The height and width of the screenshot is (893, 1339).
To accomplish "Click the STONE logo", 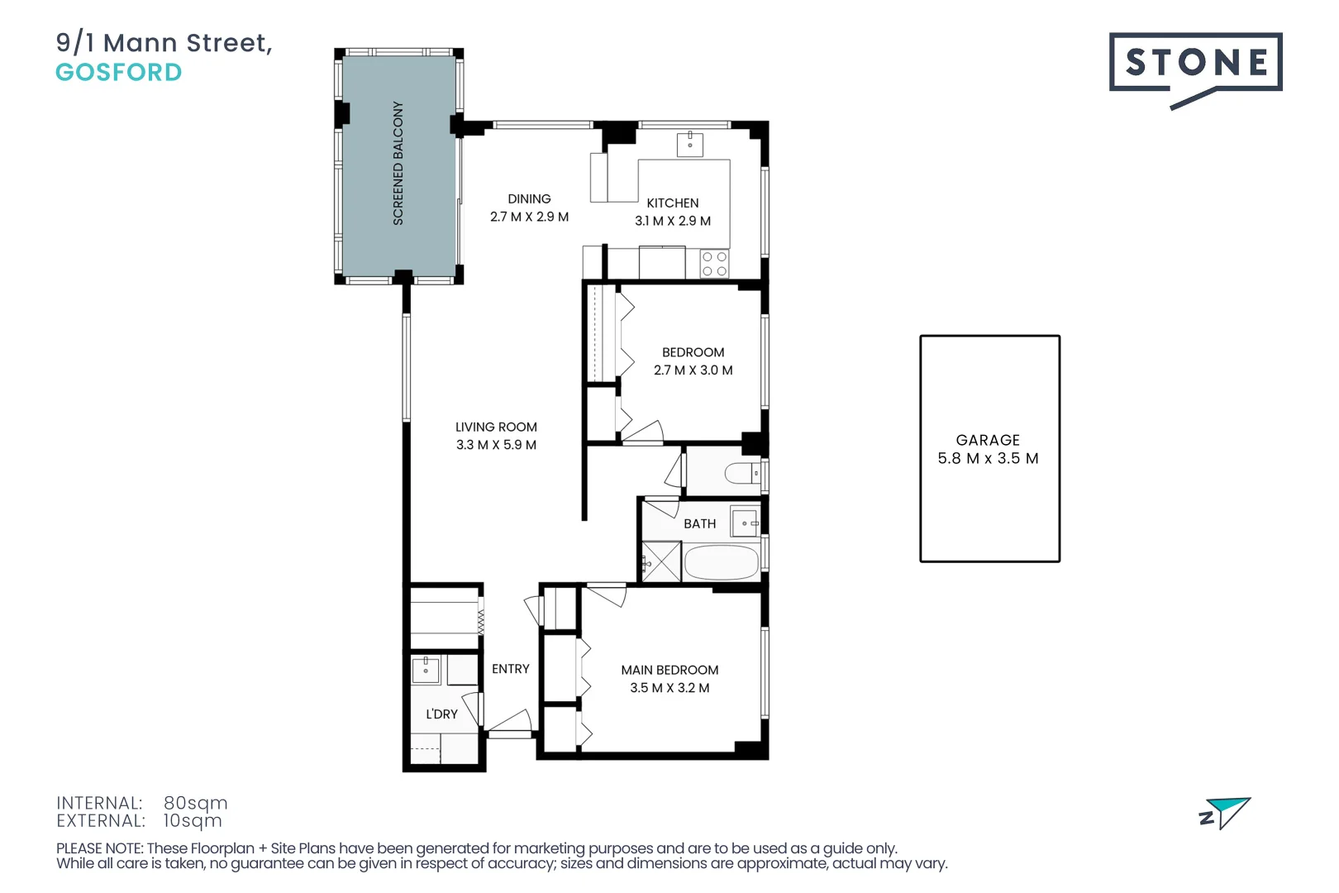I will coord(1194,64).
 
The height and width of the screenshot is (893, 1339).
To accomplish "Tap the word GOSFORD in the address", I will coord(119,73).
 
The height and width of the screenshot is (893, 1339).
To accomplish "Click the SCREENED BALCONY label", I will coord(398,163).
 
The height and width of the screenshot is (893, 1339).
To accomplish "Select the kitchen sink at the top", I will coord(690,144).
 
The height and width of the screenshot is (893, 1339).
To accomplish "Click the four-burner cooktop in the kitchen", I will coord(714,264).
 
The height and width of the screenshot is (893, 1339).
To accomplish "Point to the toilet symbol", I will coord(741,473).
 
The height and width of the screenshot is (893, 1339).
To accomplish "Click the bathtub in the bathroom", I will coord(721,562).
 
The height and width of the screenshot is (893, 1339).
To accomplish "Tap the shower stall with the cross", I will coord(662,561).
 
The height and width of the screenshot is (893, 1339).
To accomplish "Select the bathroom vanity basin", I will coord(746,523).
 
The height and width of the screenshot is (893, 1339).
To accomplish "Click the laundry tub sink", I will coord(426,670).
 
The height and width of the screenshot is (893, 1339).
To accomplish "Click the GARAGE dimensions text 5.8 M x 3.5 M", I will coord(988,458).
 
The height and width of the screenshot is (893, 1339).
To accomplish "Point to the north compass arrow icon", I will coord(1227,812).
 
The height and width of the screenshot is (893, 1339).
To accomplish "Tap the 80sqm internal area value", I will coord(195,803).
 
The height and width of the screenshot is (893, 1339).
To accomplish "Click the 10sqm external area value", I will coord(193,821).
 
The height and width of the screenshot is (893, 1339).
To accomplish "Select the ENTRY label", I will coord(510,669).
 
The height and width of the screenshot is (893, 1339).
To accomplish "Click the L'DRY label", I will coord(441,714).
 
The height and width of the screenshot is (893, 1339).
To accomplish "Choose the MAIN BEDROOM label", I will coord(669,670).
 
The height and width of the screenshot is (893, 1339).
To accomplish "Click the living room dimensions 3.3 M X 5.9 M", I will coord(496,445).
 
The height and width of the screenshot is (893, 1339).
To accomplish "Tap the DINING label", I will coord(529,199).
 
